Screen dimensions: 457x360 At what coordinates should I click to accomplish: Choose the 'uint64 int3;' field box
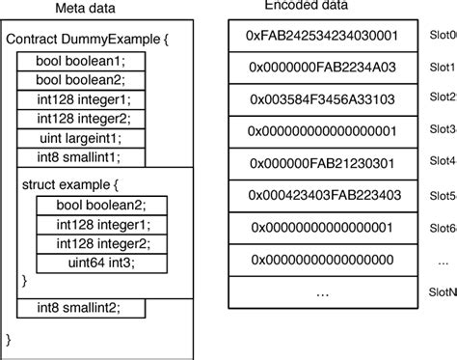102,262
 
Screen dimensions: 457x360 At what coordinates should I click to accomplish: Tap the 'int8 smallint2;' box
82,308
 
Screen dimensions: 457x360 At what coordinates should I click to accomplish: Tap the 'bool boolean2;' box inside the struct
102,205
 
